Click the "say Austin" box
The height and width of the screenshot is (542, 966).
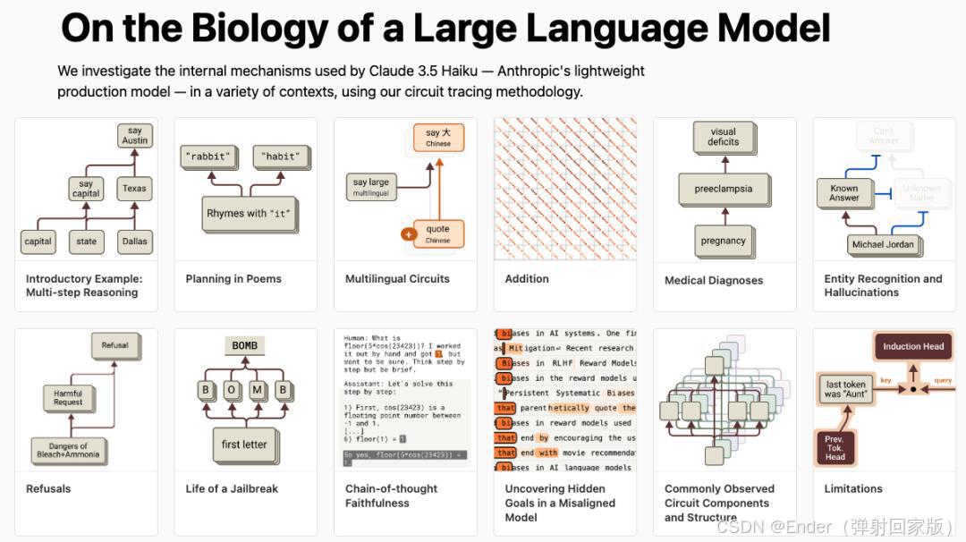click(x=134, y=135)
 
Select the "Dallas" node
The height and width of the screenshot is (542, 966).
click(x=134, y=241)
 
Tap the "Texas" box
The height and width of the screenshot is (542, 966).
click(x=134, y=189)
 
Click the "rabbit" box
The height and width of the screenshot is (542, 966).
click(x=207, y=157)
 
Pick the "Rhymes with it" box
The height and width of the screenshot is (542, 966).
click(x=249, y=214)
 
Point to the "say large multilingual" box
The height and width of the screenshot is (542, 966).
click(x=371, y=186)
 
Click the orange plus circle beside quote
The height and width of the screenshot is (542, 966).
click(x=409, y=234)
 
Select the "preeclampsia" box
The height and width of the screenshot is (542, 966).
click(x=723, y=189)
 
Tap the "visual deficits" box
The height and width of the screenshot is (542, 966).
click(x=723, y=137)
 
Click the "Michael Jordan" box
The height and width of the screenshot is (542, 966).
click(x=882, y=244)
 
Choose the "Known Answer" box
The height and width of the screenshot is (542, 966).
click(x=843, y=193)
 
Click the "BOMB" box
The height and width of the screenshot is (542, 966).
click(x=244, y=346)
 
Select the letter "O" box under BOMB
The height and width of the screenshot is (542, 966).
click(x=232, y=390)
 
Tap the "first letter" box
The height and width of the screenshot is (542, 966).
click(x=243, y=445)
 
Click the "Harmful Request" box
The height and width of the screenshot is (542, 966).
click(x=68, y=398)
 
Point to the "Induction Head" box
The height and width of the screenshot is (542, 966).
click(x=912, y=346)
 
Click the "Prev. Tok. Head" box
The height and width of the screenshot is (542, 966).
click(x=835, y=448)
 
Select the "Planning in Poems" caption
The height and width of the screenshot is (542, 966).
click(x=233, y=279)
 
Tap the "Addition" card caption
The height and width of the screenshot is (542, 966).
click(x=527, y=279)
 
